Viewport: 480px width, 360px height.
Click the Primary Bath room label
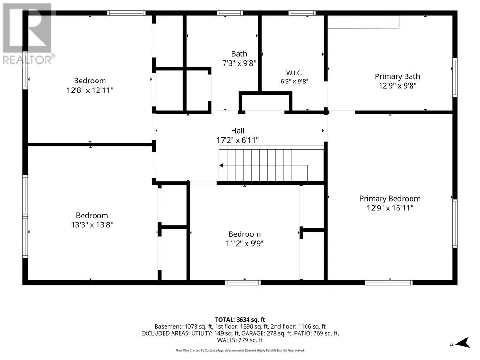[397, 76]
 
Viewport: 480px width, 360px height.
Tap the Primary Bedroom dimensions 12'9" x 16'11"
[390, 208]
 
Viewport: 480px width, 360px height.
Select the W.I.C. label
[294, 73]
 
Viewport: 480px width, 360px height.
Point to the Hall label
[238, 131]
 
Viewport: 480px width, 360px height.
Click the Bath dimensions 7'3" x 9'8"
[239, 63]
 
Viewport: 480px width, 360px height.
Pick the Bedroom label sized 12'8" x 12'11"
[90, 81]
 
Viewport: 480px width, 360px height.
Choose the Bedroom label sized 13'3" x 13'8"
[92, 215]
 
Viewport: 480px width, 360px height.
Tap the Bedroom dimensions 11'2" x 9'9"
[245, 244]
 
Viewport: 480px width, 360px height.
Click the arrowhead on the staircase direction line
[221, 165]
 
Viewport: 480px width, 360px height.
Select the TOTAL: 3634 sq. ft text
[240, 320]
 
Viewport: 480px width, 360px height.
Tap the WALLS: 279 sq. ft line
[240, 340]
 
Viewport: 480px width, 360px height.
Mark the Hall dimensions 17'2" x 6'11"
[238, 140]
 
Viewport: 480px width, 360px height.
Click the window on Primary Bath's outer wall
[455, 77]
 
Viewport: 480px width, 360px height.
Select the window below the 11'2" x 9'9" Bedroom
[243, 283]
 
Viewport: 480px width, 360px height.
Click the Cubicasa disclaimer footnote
[240, 350]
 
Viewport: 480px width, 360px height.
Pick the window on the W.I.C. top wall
[302, 13]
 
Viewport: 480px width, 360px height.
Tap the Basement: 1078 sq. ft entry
[183, 327]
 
